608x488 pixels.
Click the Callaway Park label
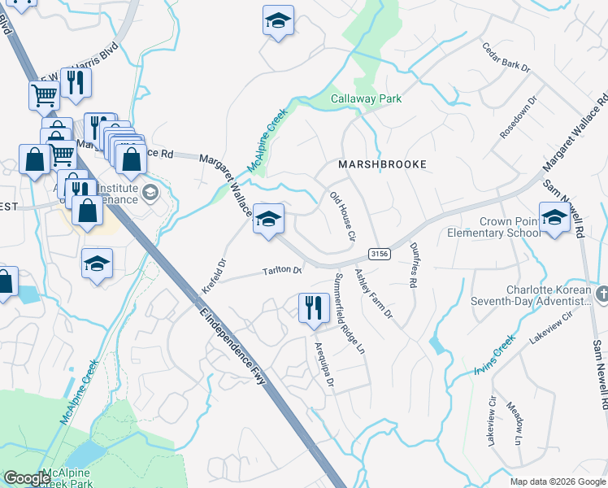(x=366, y=99)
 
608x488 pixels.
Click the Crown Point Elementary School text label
(x=493, y=227)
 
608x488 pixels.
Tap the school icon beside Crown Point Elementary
(x=554, y=218)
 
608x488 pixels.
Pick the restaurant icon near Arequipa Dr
(x=314, y=307)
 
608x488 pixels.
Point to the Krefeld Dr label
(x=213, y=277)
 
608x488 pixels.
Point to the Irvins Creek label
(x=494, y=355)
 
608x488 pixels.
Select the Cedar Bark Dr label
(x=505, y=59)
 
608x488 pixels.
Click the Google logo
(x=27, y=478)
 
